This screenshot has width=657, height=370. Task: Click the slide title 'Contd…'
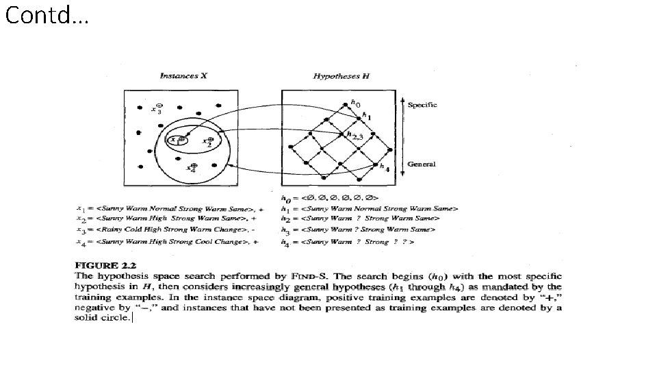(47, 15)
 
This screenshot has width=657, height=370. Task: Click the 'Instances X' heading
(183, 76)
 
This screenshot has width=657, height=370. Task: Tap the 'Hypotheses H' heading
(341, 76)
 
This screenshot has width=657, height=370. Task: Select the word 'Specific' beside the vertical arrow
(422, 105)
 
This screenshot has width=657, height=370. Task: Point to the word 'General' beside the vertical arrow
(422, 164)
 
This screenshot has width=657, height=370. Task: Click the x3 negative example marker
(158, 109)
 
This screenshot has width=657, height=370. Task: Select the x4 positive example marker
(194, 166)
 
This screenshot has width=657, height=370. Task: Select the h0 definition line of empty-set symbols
(328, 197)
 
